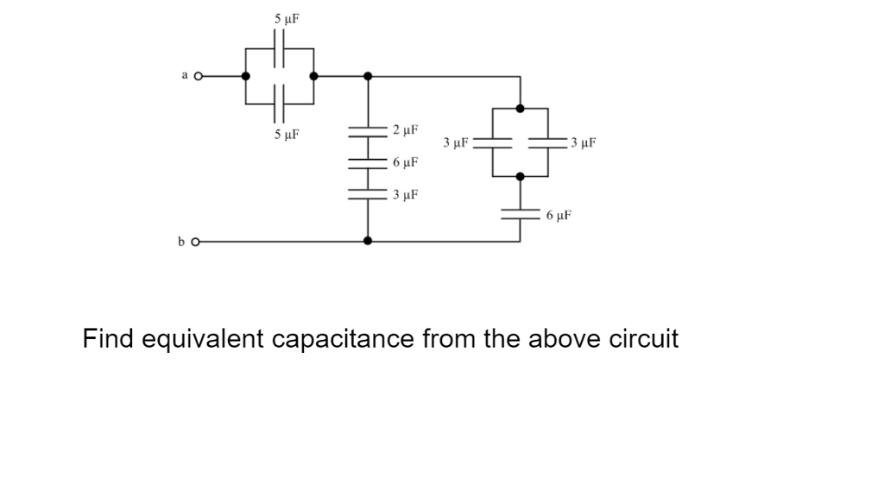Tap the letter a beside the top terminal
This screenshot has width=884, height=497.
coord(184,75)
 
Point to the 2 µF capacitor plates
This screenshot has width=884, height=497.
coord(369,131)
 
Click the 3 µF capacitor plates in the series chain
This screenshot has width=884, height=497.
coord(369,195)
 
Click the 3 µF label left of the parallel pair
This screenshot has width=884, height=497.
coord(455,142)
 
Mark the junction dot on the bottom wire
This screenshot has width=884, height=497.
coord(369,242)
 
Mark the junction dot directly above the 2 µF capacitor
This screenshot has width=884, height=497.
coord(369,76)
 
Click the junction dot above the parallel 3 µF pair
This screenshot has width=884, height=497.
coord(520,109)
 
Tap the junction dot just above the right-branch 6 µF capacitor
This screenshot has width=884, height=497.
coord(520,176)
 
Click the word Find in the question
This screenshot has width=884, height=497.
coord(107,338)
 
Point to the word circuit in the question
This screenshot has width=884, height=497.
coord(644,338)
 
